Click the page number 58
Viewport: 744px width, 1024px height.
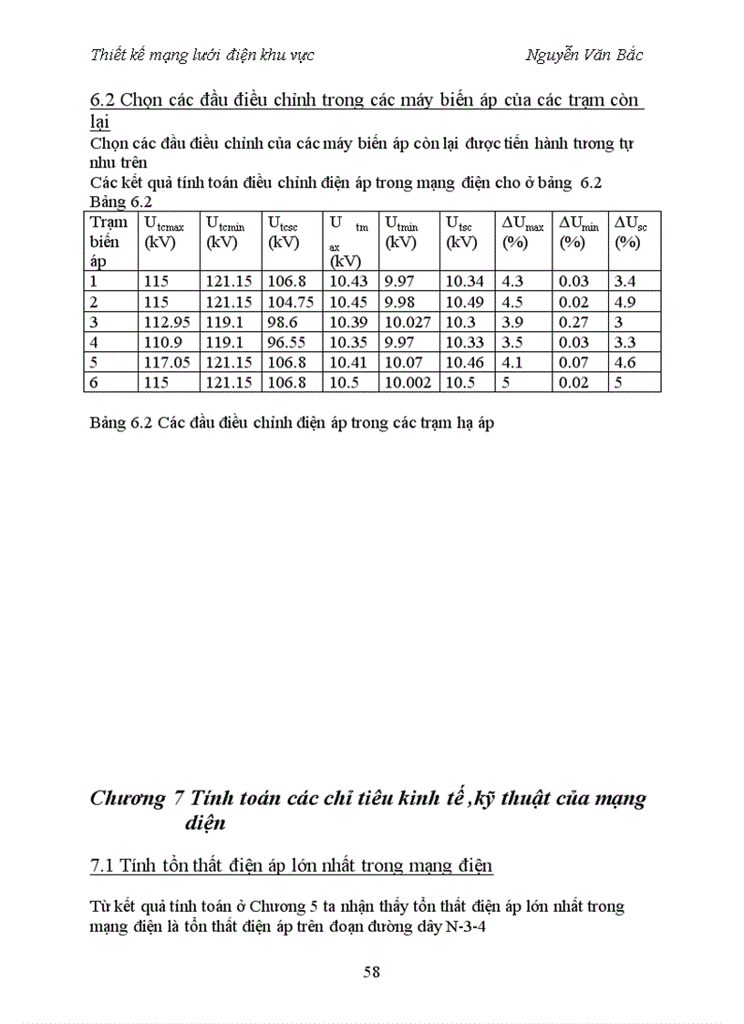[371, 971]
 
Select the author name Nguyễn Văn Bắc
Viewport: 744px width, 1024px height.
[584, 55]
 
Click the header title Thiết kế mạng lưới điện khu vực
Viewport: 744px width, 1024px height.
[202, 55]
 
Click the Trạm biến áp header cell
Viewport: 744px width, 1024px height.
[108, 242]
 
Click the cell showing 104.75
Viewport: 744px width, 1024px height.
[290, 302]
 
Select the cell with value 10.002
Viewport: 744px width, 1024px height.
[408, 382]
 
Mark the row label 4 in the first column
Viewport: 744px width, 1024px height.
[94, 342]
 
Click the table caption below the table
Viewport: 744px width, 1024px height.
[292, 424]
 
